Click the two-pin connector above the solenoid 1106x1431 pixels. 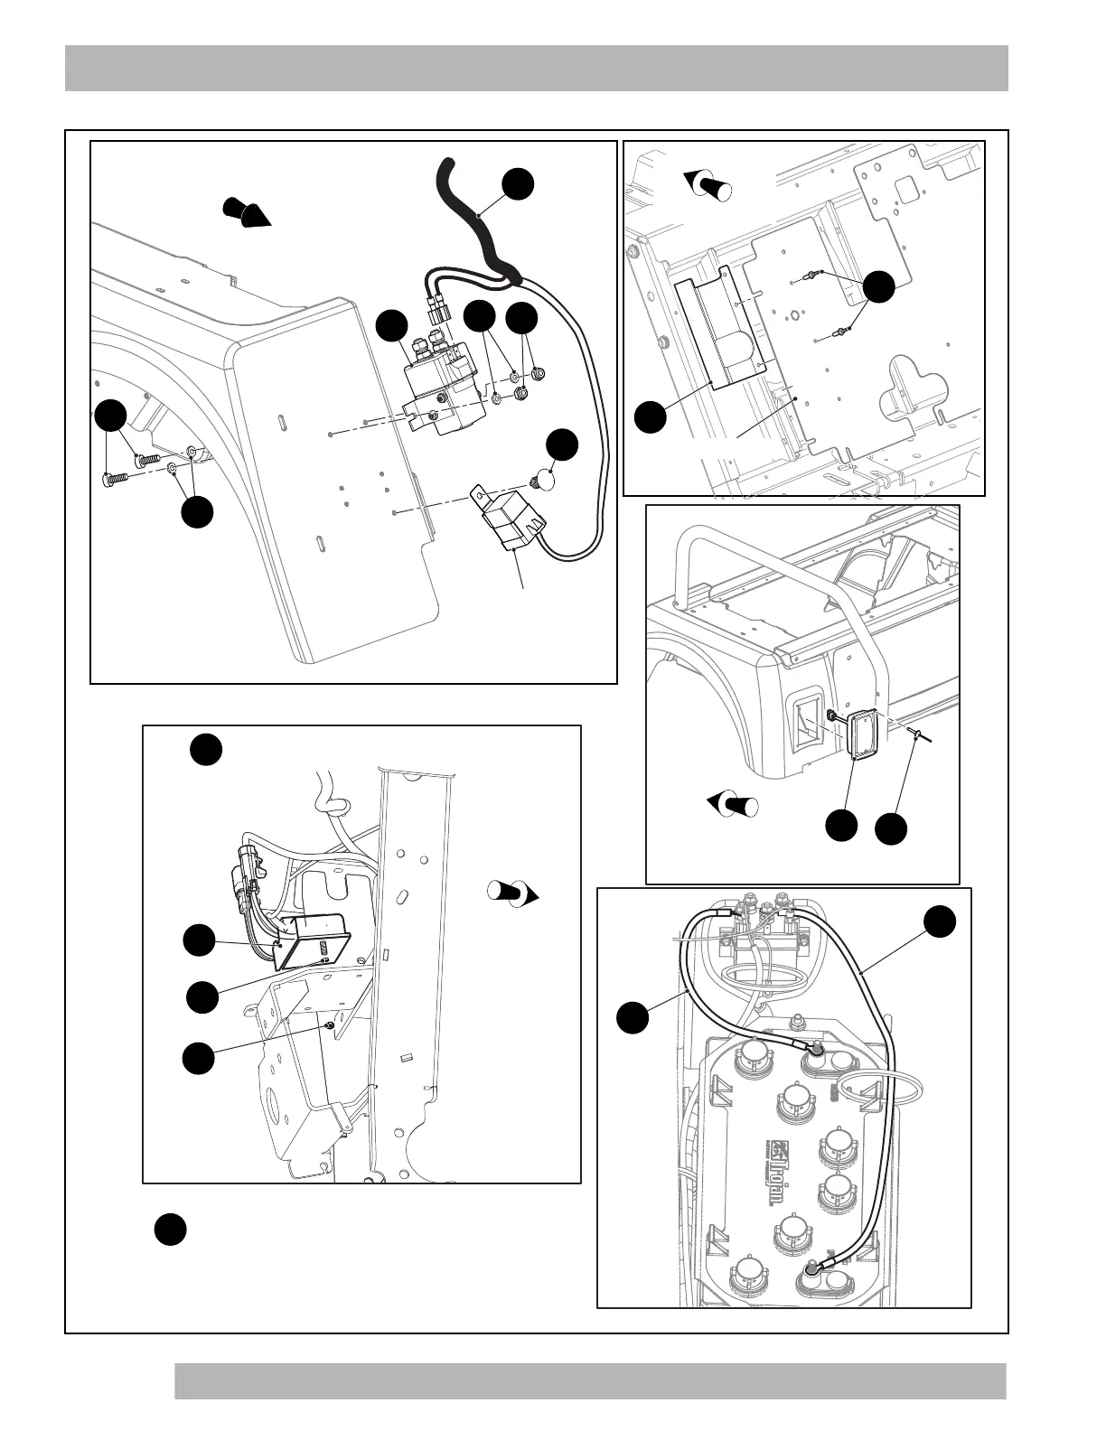(x=439, y=310)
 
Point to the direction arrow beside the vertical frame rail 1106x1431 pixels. (x=513, y=893)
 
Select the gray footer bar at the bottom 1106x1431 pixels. (x=590, y=1381)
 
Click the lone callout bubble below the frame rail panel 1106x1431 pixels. (x=170, y=1230)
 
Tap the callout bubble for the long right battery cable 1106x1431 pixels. (x=940, y=922)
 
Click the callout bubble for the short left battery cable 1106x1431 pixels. (x=633, y=1016)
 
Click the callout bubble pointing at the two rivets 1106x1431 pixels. (x=878, y=285)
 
